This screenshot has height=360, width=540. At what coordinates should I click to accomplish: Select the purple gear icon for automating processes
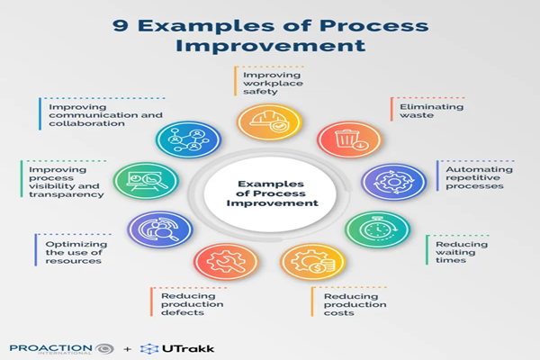pos(388,181)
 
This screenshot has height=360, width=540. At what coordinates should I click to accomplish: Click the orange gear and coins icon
pos(312,262)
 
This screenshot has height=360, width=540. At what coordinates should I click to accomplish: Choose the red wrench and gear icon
pos(220,262)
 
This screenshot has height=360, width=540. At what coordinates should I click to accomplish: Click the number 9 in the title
pos(120,25)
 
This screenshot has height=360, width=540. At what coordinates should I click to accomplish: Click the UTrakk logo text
pos(185,347)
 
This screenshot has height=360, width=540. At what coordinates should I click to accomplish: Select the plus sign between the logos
pos(126,347)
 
